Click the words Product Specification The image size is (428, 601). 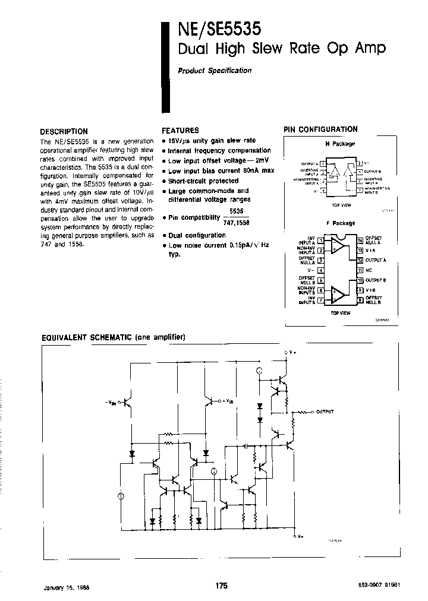pyautogui.click(x=215, y=71)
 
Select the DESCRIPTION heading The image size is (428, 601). pyautogui.click(x=64, y=132)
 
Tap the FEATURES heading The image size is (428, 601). pyautogui.click(x=180, y=131)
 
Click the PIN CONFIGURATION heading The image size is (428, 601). pyautogui.click(x=320, y=129)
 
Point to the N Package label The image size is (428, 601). pyautogui.click(x=339, y=144)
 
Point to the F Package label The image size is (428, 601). pyautogui.click(x=339, y=223)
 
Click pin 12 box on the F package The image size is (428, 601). pyautogui.click(x=360, y=260)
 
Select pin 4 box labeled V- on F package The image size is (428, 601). pyautogui.click(x=320, y=270)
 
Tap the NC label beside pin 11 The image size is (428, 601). pyautogui.click(x=369, y=270)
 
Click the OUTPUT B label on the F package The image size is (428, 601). pyautogui.click(x=376, y=280)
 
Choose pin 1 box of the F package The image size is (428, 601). pyautogui.click(x=320, y=241)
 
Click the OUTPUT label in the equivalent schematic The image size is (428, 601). pyautogui.click(x=325, y=411)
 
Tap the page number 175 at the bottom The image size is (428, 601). pyautogui.click(x=222, y=586)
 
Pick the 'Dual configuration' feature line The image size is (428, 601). pyautogui.click(x=196, y=235)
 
